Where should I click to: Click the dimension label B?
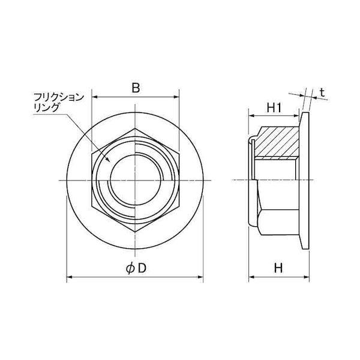(x=136, y=88)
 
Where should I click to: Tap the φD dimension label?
(x=136, y=268)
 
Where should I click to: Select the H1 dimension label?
(x=274, y=108)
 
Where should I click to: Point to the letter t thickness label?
(x=323, y=92)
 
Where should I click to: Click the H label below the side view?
(x=278, y=268)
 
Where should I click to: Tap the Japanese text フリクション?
(x=59, y=97)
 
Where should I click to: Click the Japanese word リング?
(x=46, y=107)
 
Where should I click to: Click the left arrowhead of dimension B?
(x=95, y=97)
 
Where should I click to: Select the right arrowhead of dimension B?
(x=176, y=97)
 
